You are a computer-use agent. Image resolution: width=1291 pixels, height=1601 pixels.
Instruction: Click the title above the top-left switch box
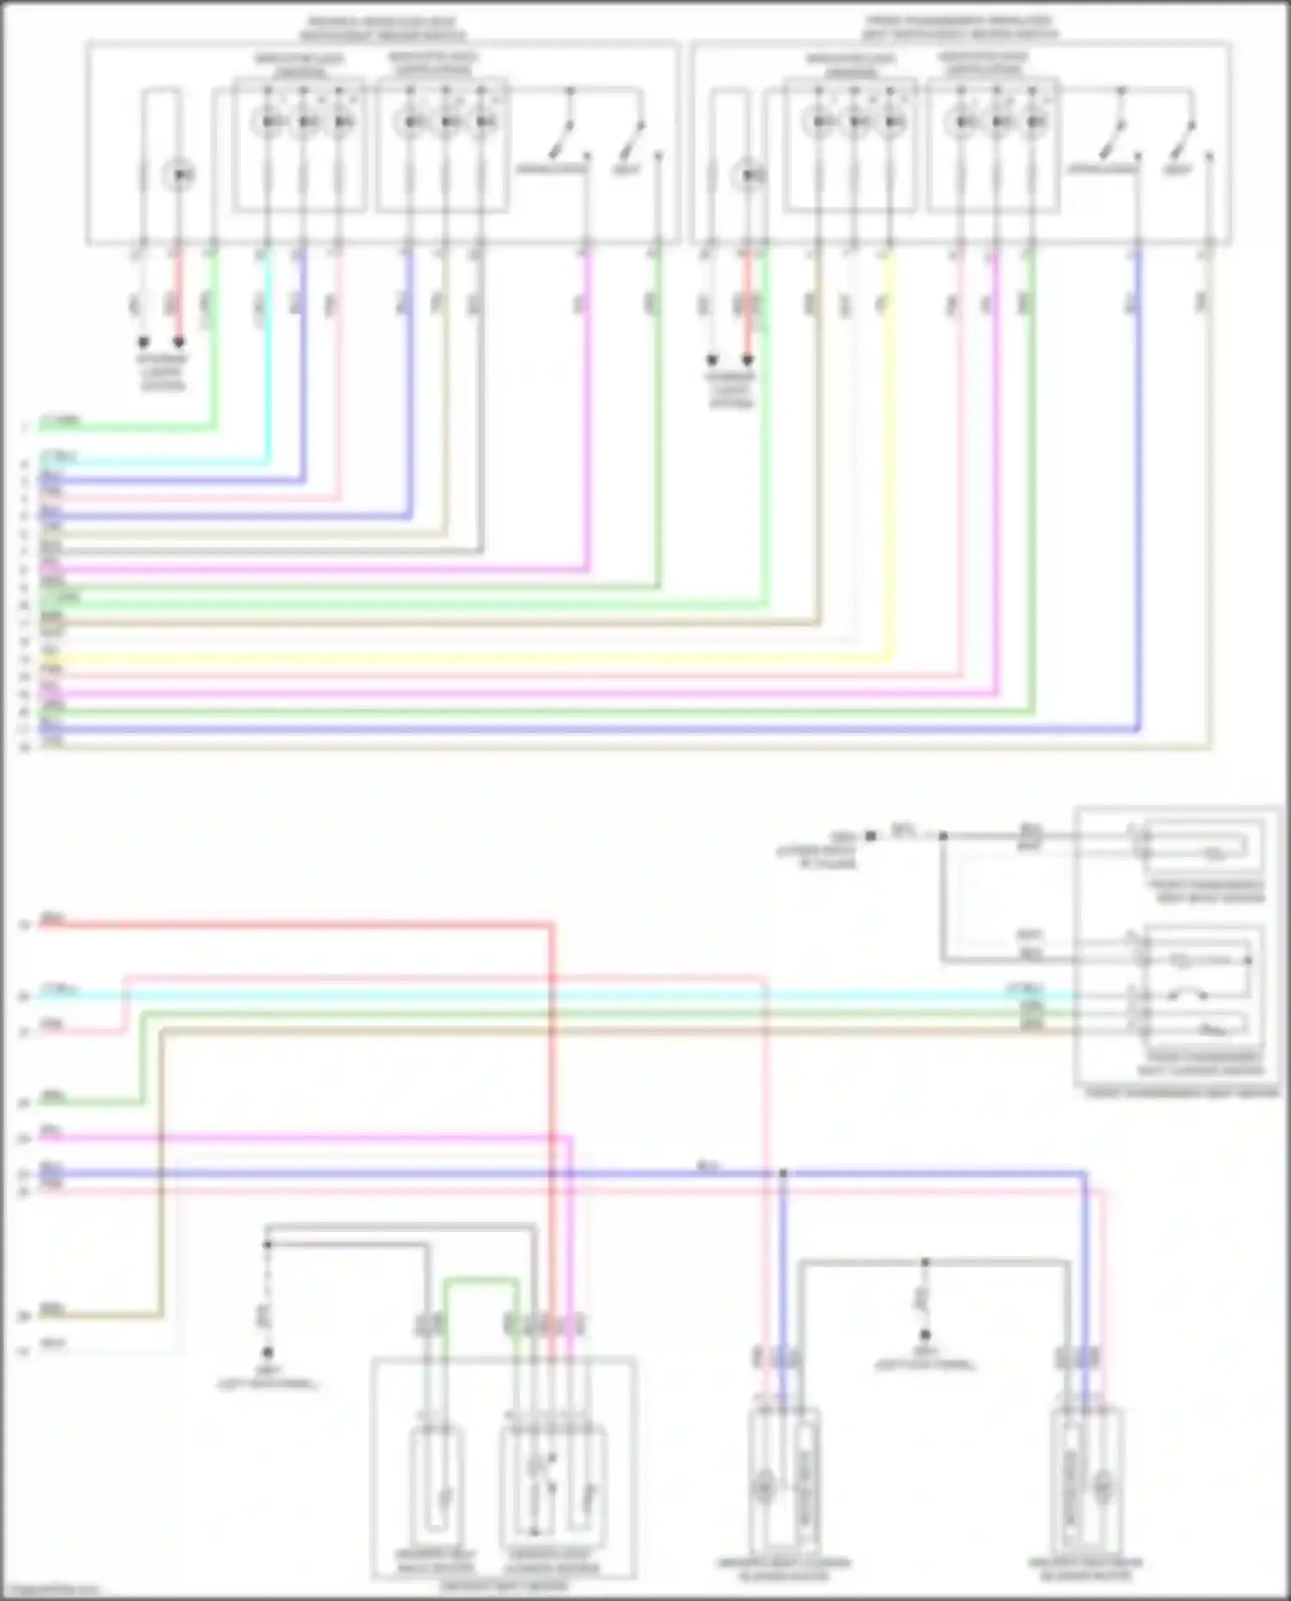tap(382, 28)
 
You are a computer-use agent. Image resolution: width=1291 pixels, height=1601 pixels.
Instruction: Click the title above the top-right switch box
tap(960, 28)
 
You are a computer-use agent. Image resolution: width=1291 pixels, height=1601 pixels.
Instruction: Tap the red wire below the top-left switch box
tap(178, 292)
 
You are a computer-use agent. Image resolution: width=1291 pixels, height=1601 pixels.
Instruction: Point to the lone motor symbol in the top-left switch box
tap(180, 175)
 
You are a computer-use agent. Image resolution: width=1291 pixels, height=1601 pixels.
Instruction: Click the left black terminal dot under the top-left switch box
tap(144, 343)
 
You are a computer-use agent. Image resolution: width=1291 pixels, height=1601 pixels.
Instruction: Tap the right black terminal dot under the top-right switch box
tap(748, 360)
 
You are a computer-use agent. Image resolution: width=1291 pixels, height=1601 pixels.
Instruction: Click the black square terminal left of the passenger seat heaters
tap(870, 835)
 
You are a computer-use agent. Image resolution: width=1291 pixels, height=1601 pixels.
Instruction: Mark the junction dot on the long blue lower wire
tap(783, 1173)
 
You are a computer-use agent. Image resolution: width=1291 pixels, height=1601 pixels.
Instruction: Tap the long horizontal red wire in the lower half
tap(301, 926)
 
